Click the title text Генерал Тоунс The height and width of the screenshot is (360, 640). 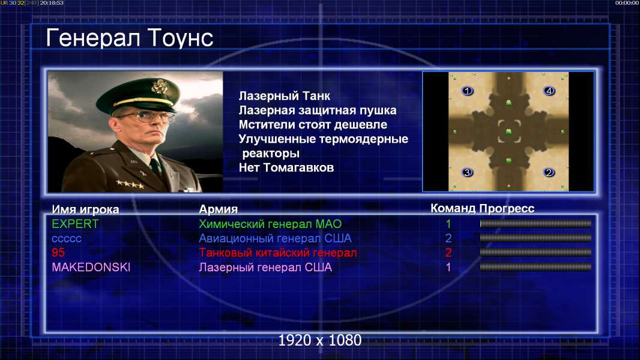point(130,38)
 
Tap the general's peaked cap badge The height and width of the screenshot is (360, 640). point(159,86)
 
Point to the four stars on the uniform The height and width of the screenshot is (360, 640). point(130,184)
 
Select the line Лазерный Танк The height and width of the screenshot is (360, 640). point(284,96)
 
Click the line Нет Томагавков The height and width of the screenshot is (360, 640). point(286,167)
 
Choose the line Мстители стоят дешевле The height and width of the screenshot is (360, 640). point(313,124)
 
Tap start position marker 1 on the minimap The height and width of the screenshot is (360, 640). point(467,91)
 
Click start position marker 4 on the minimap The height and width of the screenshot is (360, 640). point(549,91)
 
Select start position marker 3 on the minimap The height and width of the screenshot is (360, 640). point(467,172)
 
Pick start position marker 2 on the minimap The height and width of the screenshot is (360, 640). point(549,172)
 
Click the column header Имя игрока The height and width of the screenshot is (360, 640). point(85,209)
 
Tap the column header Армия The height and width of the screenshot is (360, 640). point(218,209)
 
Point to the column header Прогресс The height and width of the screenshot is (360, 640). point(507,208)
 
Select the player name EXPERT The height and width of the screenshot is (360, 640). point(75,224)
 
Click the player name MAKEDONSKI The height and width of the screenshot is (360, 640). point(91,267)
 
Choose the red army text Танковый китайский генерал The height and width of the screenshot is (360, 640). point(278,253)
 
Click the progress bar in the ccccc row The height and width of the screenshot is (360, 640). point(536,238)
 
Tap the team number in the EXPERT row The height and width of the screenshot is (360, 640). point(448,224)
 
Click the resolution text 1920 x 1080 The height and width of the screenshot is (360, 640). point(320,340)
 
